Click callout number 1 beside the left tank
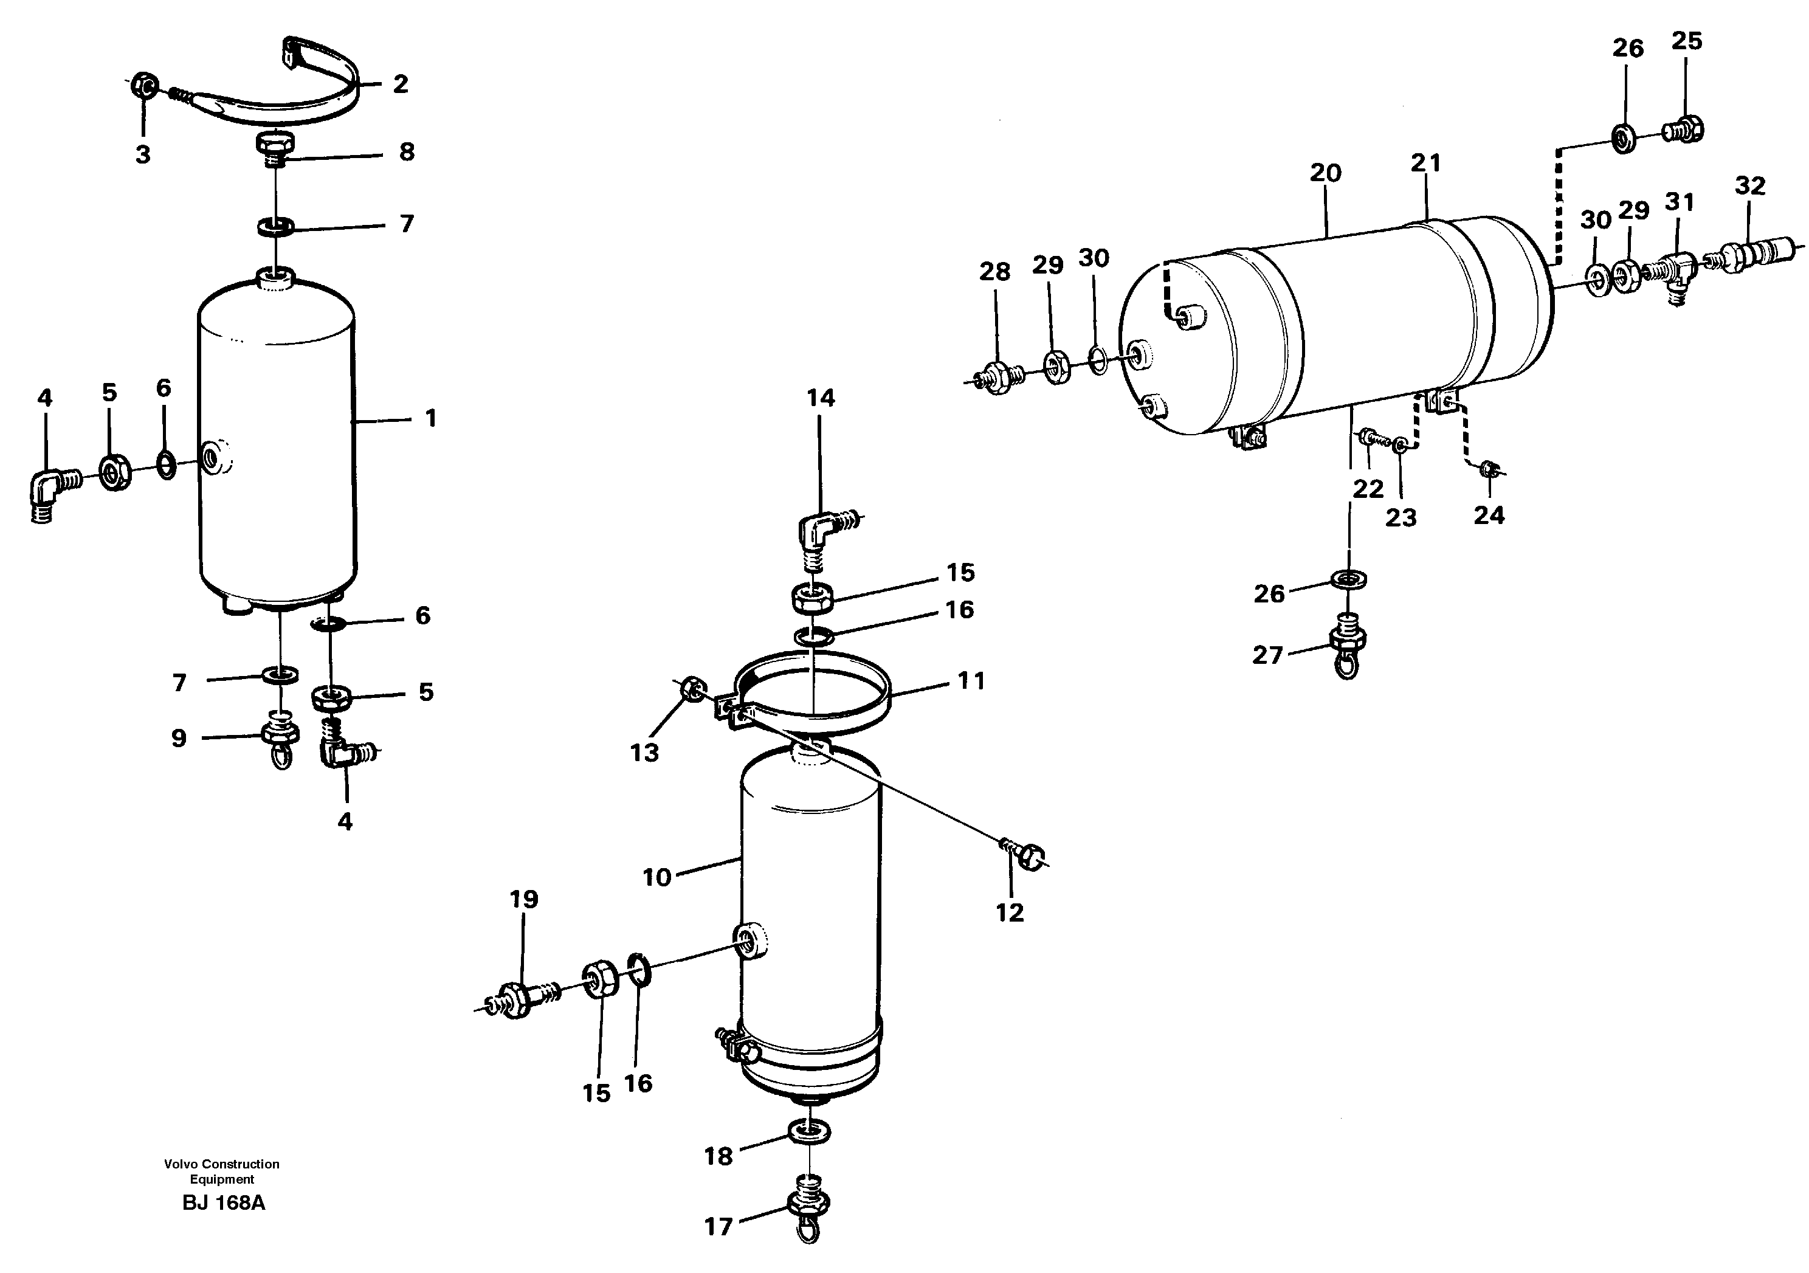(430, 418)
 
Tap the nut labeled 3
(145, 85)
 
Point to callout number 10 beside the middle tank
(656, 877)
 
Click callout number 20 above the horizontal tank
(1325, 173)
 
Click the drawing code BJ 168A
(223, 1203)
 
